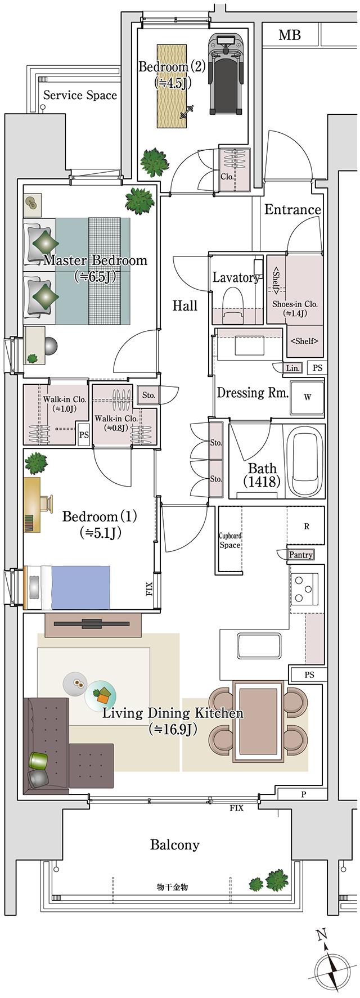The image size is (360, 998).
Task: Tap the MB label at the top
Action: [290, 35]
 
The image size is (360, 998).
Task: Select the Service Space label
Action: [80, 95]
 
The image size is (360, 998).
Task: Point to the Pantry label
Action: [300, 555]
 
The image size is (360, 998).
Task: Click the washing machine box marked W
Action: [307, 397]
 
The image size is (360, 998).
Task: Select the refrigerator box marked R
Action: [306, 527]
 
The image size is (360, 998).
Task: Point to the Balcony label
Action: [174, 844]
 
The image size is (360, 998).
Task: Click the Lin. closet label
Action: [293, 368]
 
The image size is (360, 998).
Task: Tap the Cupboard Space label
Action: [229, 541]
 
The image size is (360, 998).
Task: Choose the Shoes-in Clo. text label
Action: [295, 308]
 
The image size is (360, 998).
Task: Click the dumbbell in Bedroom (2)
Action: [186, 112]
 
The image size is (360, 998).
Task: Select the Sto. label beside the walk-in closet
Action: [148, 395]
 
